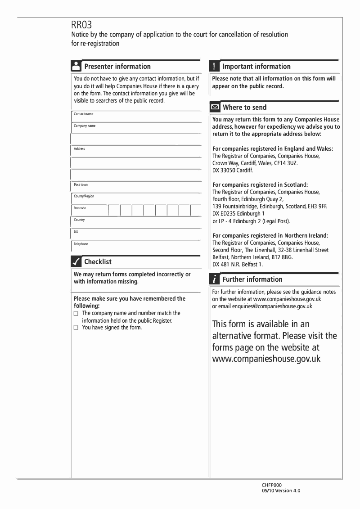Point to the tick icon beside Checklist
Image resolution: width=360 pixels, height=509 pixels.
pyautogui.click(x=76, y=261)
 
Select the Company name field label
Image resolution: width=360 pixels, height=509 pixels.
pyautogui.click(x=85, y=126)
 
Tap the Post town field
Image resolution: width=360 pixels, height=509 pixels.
pyautogui.click(x=135, y=187)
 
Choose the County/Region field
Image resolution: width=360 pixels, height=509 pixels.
pyautogui.click(x=135, y=199)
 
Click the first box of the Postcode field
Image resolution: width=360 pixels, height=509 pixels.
pyautogui.click(x=114, y=211)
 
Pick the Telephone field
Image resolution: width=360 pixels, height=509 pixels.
pyautogui.click(x=135, y=247)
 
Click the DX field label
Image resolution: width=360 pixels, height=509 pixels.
pyautogui.click(x=76, y=232)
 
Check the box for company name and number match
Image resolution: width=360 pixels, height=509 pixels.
pyautogui.click(x=76, y=313)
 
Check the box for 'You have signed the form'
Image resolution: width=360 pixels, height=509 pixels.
pyautogui.click(x=76, y=328)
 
